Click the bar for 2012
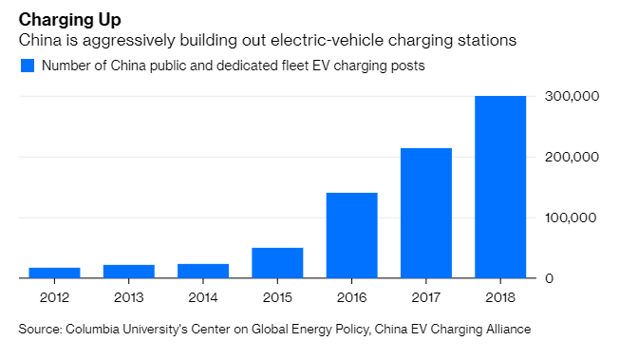point(54,273)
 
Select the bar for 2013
point(128,272)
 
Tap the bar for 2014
point(202,271)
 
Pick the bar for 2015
point(276,263)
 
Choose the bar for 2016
point(351,236)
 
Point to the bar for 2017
point(425,213)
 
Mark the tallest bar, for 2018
point(499,187)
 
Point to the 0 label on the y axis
point(549,279)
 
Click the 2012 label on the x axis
point(54,297)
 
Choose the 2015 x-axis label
point(276,297)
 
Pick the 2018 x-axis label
point(499,297)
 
